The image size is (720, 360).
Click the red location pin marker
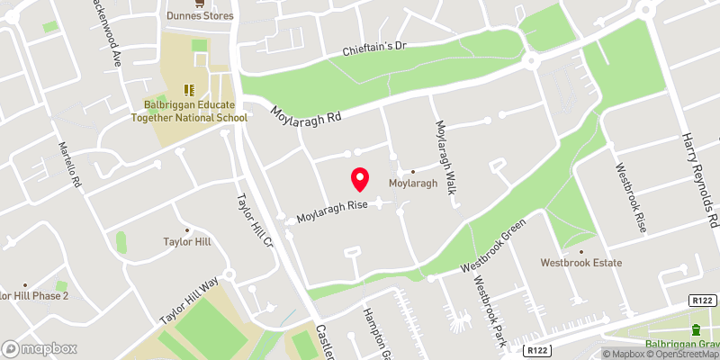[360, 179]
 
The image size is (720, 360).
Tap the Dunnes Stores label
[200, 15]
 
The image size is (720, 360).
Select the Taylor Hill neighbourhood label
[186, 241]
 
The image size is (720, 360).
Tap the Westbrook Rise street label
[630, 198]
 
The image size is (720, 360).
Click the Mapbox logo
[40, 348]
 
